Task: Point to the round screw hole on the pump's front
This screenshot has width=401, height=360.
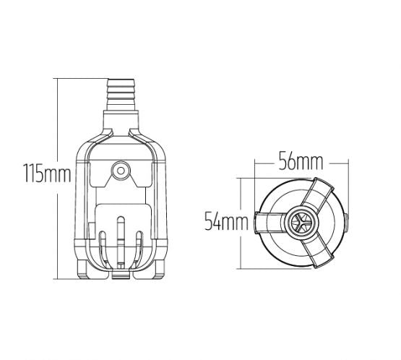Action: pyautogui.click(x=120, y=172)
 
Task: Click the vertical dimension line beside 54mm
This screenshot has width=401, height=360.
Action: pyautogui.click(x=242, y=222)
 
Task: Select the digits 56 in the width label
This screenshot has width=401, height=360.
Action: pyautogui.click(x=287, y=163)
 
